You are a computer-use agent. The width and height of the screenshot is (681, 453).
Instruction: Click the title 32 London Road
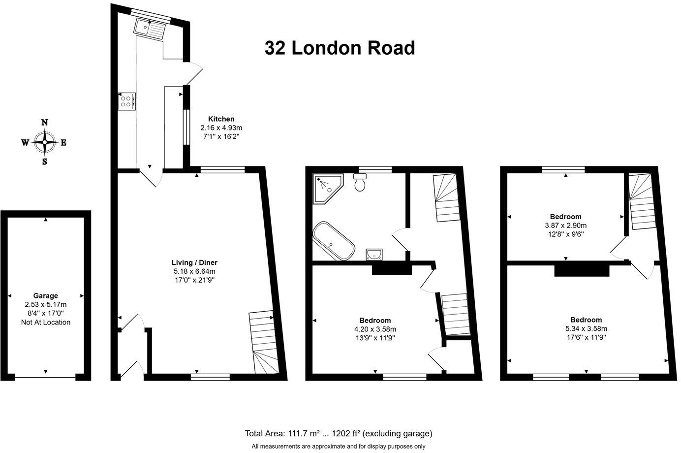click(x=340, y=48)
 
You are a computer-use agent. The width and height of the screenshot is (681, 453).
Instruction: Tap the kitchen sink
click(x=150, y=29)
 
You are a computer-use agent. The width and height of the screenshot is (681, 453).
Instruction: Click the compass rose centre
click(x=45, y=142)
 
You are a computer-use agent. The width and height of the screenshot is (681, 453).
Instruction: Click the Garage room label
click(x=45, y=296)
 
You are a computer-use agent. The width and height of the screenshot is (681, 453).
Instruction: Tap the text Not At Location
click(x=45, y=323)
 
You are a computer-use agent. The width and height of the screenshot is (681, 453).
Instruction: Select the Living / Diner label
click(x=194, y=262)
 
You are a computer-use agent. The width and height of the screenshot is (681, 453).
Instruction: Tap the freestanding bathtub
click(x=333, y=242)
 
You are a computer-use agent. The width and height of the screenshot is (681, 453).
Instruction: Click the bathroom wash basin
click(x=374, y=254)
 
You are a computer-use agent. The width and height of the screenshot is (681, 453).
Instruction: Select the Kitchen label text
click(x=221, y=119)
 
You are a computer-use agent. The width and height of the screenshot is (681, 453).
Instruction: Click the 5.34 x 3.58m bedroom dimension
click(x=586, y=329)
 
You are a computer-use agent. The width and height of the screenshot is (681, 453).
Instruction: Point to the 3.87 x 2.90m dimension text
click(x=565, y=226)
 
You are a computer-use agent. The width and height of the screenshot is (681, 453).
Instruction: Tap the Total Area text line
click(x=339, y=434)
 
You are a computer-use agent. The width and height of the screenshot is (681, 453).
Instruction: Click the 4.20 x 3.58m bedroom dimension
click(x=375, y=329)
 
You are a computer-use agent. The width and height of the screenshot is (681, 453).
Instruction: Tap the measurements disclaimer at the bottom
click(x=339, y=447)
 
